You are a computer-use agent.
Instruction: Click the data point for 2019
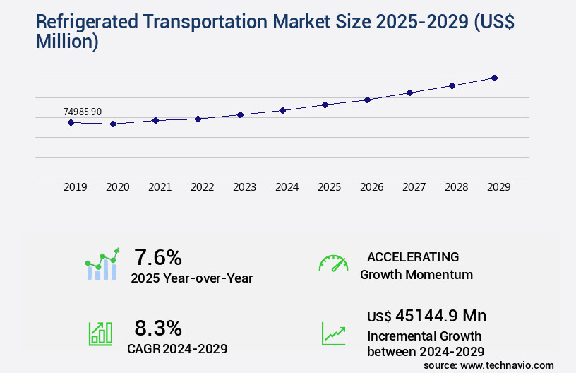71,122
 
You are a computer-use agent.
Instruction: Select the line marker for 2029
494,78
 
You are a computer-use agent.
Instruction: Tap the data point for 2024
282,110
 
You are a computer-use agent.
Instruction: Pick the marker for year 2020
113,124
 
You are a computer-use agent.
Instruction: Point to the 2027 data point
409,93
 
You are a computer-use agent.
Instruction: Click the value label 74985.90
83,112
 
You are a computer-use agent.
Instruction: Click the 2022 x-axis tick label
202,187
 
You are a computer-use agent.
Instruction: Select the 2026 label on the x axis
371,187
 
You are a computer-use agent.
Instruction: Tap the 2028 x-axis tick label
456,187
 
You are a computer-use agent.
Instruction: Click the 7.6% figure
158,256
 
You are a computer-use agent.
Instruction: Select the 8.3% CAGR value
158,328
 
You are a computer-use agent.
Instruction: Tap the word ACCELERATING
413,257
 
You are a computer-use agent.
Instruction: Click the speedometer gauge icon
333,264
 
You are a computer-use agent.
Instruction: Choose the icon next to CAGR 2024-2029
100,333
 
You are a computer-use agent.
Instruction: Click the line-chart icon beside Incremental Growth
333,333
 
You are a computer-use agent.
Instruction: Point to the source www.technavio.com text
488,365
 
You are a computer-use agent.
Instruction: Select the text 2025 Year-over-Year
191,278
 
